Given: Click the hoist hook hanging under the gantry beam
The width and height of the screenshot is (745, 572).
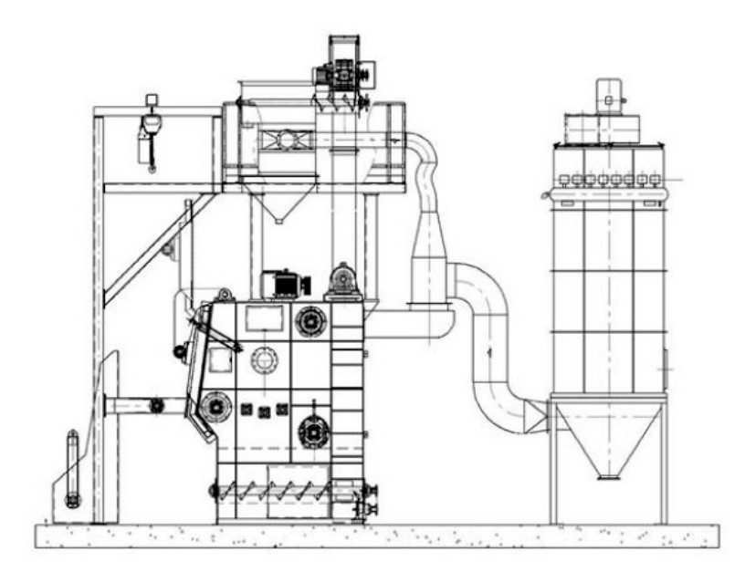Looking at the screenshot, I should coord(149,137).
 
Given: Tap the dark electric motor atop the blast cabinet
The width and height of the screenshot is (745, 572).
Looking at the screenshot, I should coord(285,284).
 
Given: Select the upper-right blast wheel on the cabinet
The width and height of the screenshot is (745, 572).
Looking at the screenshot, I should coord(309,321).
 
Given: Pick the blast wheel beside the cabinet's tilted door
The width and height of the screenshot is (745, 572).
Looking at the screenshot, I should coord(215,403).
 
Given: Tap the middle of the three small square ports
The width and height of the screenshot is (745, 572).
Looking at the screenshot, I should coord(264,412).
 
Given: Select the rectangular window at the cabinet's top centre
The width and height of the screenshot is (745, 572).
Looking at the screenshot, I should coord(266,317).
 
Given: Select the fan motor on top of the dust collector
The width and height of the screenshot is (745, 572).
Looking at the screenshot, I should coord(608,95).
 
